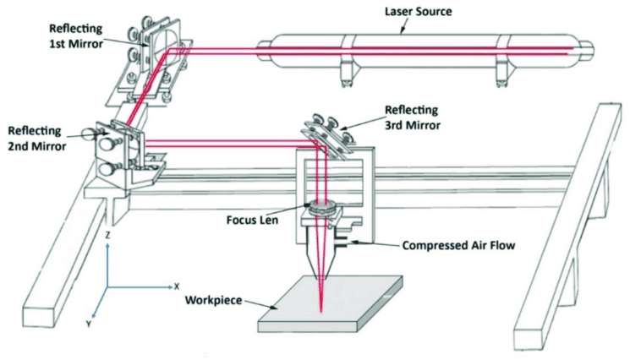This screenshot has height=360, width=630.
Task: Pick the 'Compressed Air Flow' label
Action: [450, 247]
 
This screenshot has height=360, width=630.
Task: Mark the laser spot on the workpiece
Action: [322, 308]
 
